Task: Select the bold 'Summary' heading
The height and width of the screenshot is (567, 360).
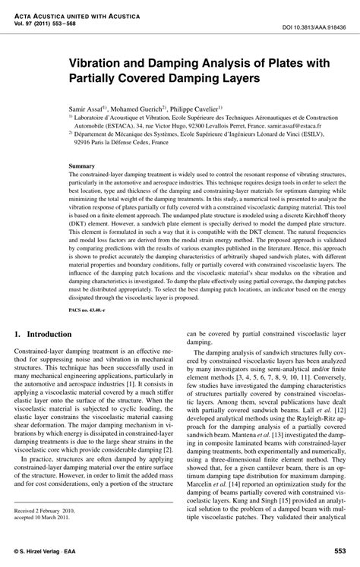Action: click(x=82, y=165)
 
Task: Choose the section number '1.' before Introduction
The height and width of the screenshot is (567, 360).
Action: click(x=18, y=335)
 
